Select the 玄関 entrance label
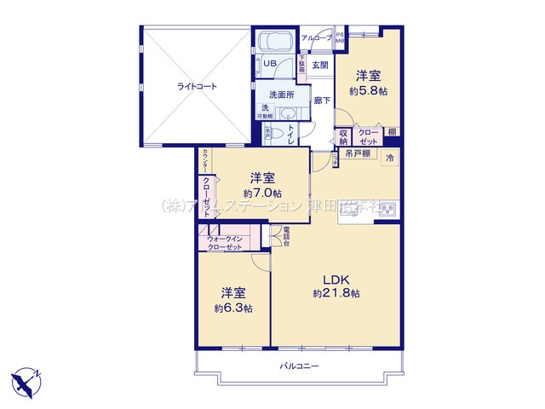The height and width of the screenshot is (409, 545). pyautogui.click(x=319, y=65)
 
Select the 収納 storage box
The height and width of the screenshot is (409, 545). pyautogui.click(x=344, y=136)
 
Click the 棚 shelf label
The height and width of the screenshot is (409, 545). pyautogui.click(x=391, y=131)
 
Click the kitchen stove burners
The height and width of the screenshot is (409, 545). pyautogui.click(x=387, y=207)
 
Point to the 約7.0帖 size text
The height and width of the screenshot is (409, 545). pyautogui.click(x=261, y=193)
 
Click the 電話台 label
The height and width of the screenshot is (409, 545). pyautogui.click(x=286, y=234)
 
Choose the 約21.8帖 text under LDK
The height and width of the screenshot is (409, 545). pyautogui.click(x=336, y=293)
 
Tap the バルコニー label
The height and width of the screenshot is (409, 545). pyautogui.click(x=299, y=366)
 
